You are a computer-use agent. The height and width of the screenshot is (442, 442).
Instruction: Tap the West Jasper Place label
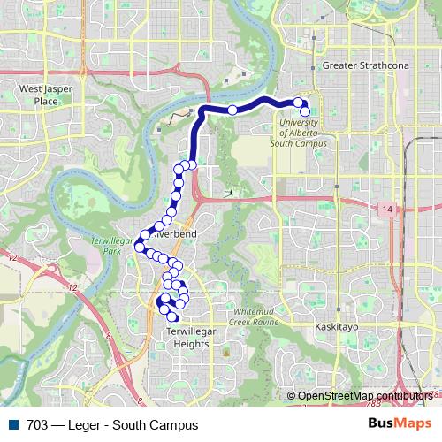coord(39,95)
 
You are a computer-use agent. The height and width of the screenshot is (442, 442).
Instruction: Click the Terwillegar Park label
coord(112,247)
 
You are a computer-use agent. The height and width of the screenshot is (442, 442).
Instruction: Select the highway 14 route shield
coord(388,208)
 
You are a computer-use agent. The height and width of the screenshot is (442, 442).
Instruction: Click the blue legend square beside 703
coord(12,424)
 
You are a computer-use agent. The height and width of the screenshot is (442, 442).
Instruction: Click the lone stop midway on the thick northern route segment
coord(232,110)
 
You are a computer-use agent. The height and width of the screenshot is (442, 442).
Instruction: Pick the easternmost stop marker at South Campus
coord(306,111)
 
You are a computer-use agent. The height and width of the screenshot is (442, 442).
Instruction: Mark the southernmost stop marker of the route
coord(173,318)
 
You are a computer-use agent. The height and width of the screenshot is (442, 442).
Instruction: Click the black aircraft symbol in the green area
coord(229,192)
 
